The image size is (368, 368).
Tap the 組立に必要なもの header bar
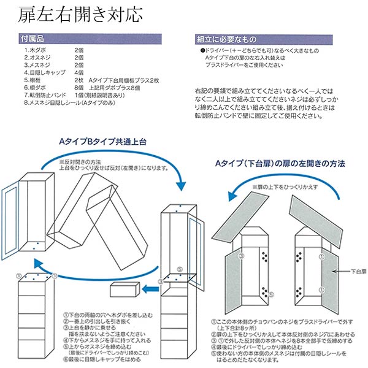(270, 39)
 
